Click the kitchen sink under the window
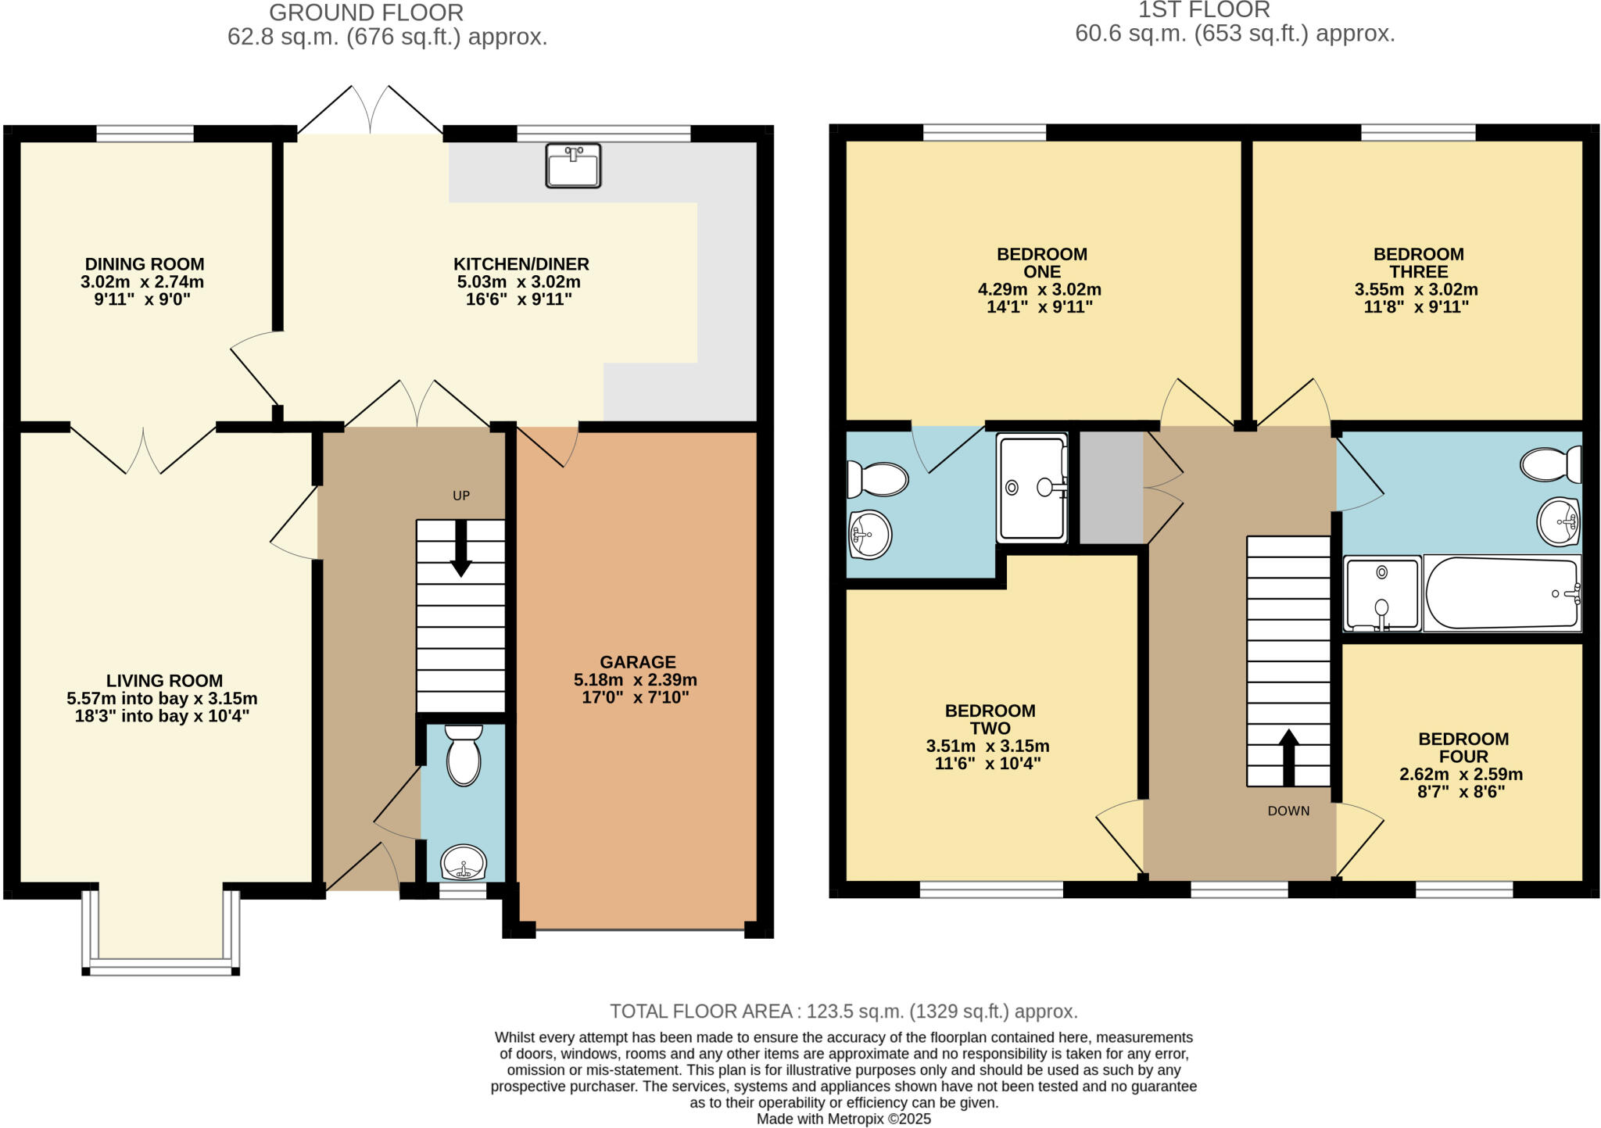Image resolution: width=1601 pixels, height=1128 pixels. pos(573,166)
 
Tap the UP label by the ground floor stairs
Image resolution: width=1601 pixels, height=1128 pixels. pos(461,496)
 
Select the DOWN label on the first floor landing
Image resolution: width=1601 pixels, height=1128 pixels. pos(1288,811)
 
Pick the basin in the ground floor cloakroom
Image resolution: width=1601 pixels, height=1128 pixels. pos(464,862)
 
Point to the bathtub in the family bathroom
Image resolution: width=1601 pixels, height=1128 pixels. pos(1501,593)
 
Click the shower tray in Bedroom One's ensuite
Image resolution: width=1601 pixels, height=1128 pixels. pos(1032,488)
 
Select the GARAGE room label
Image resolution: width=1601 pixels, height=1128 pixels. pos(637,662)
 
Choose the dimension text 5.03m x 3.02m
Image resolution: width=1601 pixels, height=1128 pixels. pos(518,282)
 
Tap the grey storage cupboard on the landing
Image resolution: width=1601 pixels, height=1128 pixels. pos(1111,488)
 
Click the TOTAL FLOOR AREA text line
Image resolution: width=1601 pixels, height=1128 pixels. pos(843,1012)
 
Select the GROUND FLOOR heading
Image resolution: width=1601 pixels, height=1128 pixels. pos(366,13)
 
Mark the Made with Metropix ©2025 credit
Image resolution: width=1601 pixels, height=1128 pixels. pos(843,1119)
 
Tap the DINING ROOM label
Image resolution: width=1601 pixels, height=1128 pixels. pos(145,264)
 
